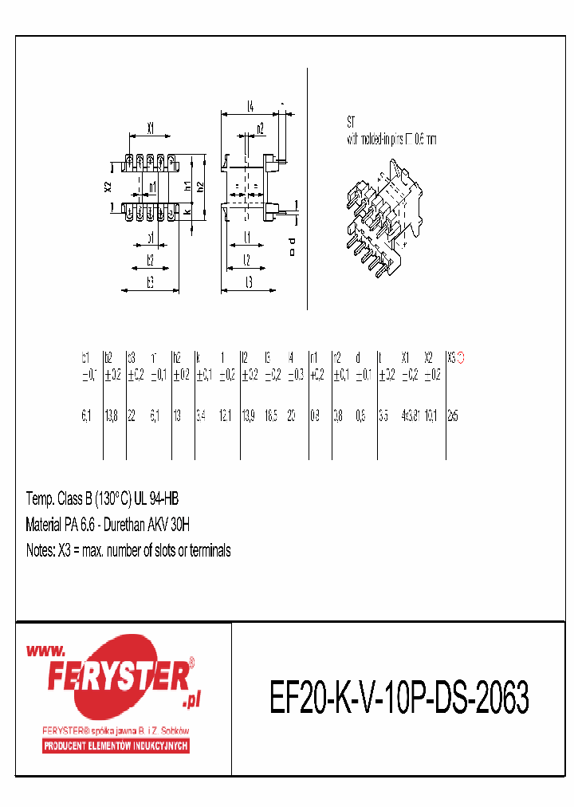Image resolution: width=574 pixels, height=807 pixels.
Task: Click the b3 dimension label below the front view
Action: [149, 281]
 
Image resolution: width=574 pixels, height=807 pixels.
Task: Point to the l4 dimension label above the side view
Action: [250, 105]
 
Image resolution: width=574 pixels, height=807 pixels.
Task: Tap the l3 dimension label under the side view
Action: [249, 281]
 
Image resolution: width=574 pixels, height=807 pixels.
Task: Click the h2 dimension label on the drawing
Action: [201, 186]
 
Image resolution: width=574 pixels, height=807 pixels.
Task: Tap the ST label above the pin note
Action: [351, 123]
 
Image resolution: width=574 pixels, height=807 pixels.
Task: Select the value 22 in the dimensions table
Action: [132, 415]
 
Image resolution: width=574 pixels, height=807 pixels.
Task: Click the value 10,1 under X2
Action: [431, 415]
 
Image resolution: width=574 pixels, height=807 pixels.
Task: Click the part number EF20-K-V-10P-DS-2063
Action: [399, 699]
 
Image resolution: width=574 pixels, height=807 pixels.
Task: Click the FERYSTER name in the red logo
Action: [117, 677]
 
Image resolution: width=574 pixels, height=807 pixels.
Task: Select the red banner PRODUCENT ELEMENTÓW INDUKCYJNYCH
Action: [116, 746]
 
